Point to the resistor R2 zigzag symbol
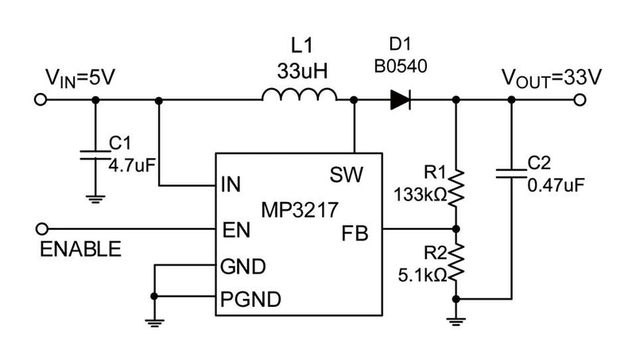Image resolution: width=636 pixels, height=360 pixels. coord(456,263)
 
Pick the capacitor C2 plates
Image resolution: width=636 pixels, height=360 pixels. coord(510,173)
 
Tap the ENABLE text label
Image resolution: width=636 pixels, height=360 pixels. coord(80,250)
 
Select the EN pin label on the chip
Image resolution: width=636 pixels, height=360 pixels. coord(236,230)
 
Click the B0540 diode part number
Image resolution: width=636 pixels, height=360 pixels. coord(401,68)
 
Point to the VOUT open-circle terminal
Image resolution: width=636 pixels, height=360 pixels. coord(580,100)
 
